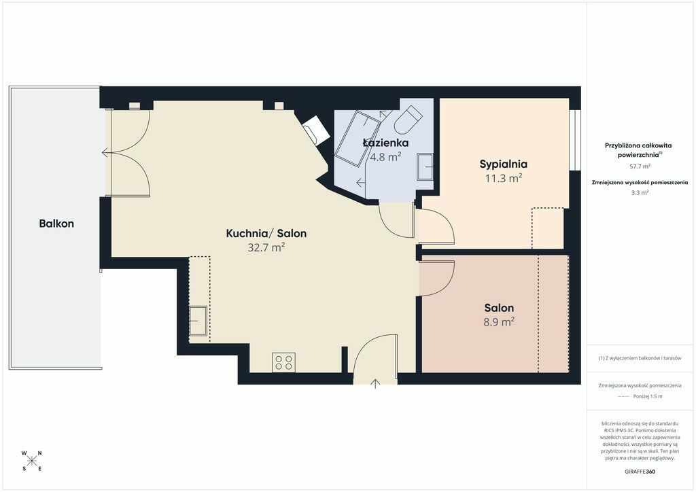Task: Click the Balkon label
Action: coord(56,224)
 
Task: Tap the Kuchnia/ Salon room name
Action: coord(266,233)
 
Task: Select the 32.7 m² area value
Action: coord(266,247)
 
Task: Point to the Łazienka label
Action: coord(386,143)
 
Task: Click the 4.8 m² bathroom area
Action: coord(386,156)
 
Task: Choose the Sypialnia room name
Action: coord(504,164)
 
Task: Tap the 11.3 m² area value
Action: coord(504,178)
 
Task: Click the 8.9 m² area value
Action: coord(499,321)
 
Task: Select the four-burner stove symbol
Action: coord(283,362)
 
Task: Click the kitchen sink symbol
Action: coord(198,320)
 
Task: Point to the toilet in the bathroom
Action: coord(406,120)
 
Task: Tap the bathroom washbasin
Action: coord(425,166)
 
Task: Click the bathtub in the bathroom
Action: coord(358,138)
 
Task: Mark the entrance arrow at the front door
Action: coord(375,384)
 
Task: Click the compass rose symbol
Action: coord(32,461)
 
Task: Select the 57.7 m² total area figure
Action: coord(640,166)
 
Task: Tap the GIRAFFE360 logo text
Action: coord(640,472)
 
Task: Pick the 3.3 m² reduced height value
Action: coord(640,192)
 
